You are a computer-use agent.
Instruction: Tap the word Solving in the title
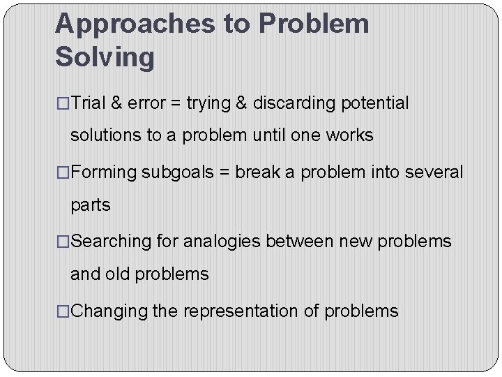pos(105,57)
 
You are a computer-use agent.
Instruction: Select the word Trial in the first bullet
pos(88,103)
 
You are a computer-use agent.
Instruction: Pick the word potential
pos(375,103)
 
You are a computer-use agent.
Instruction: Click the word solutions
pos(106,135)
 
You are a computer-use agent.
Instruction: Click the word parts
pos(90,205)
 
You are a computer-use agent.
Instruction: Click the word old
pos(118,274)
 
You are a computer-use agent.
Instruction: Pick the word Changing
pos(109,311)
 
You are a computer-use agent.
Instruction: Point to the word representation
pos(241,311)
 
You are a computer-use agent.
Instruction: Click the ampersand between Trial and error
pos(117,103)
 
